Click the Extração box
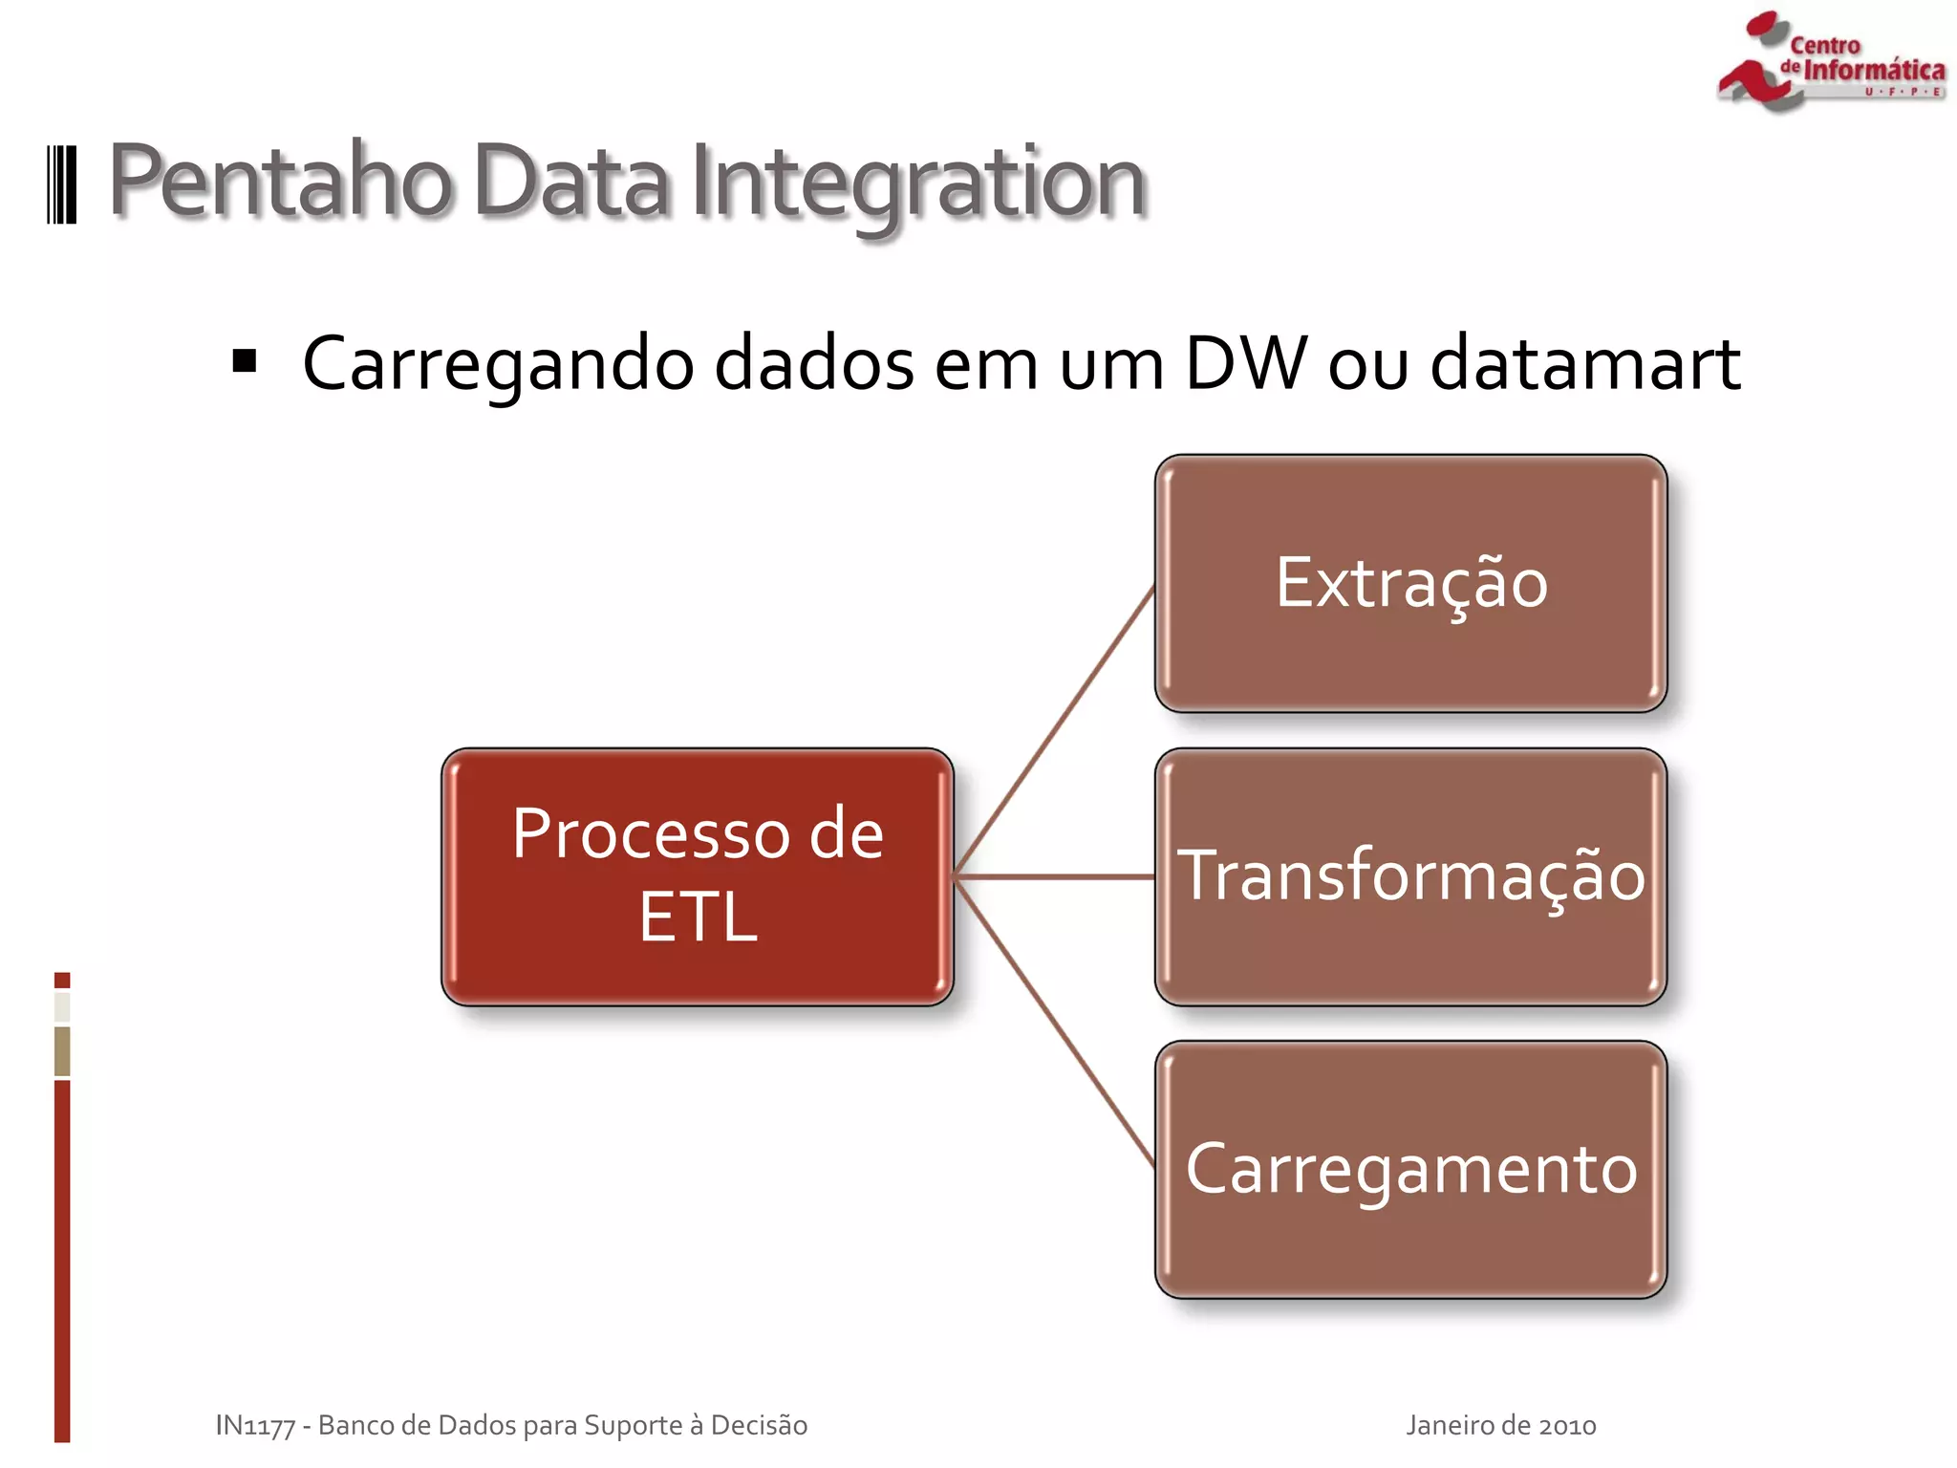point(1410,583)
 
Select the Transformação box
point(1410,876)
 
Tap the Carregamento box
point(1410,1169)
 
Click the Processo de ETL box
point(698,876)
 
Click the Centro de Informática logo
point(1830,62)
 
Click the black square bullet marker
point(245,361)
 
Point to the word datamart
point(1585,363)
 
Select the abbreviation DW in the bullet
point(1245,363)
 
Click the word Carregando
point(498,365)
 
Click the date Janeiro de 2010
point(1500,1425)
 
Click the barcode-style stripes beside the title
point(62,184)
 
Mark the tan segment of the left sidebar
point(62,1050)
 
